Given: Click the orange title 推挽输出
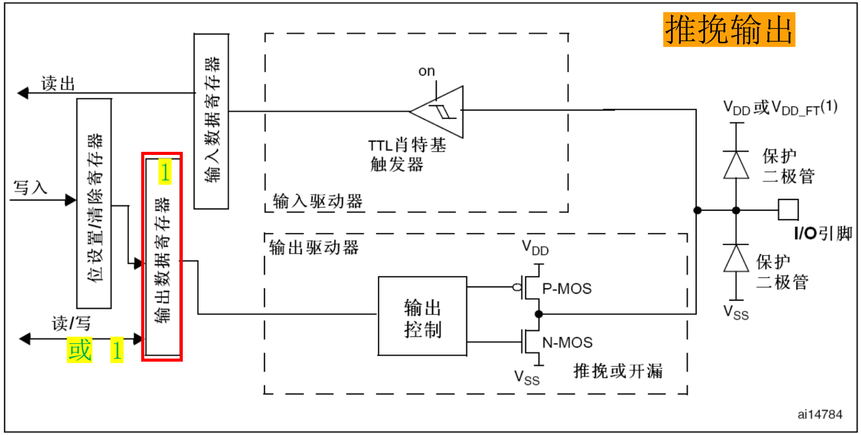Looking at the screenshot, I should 729,30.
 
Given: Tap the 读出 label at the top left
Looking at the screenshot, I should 58,83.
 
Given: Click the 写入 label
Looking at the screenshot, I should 30,187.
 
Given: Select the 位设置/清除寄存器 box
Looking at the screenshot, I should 94,204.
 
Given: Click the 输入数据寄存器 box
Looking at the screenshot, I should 211,121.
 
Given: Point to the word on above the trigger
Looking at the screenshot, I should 426,71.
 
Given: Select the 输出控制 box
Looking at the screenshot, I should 422,317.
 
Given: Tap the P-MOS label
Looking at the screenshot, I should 567,289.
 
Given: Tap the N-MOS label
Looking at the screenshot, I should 567,342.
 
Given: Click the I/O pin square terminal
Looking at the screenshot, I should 788,210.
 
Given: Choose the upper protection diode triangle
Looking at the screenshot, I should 736,165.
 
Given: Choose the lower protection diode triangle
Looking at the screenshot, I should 736,259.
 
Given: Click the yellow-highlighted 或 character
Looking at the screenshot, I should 80,350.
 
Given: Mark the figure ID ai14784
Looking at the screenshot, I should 819,414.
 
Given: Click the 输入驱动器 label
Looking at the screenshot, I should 317,201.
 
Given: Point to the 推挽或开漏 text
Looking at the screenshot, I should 618,370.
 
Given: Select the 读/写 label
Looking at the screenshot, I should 71,323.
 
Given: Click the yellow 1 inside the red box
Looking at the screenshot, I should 164,172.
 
